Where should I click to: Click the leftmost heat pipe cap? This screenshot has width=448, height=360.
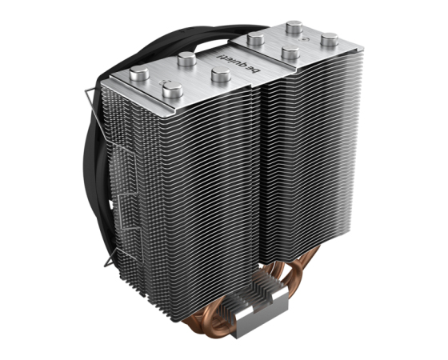coord(139,73)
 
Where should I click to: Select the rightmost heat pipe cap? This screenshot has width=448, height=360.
coord(330,40)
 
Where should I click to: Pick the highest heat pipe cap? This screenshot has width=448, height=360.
coord(294,27)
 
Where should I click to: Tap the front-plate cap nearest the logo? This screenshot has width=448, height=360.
coord(221,74)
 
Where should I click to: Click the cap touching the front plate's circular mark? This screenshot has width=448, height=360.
coord(173,90)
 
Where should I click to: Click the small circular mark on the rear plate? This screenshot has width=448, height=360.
coord(303,38)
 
